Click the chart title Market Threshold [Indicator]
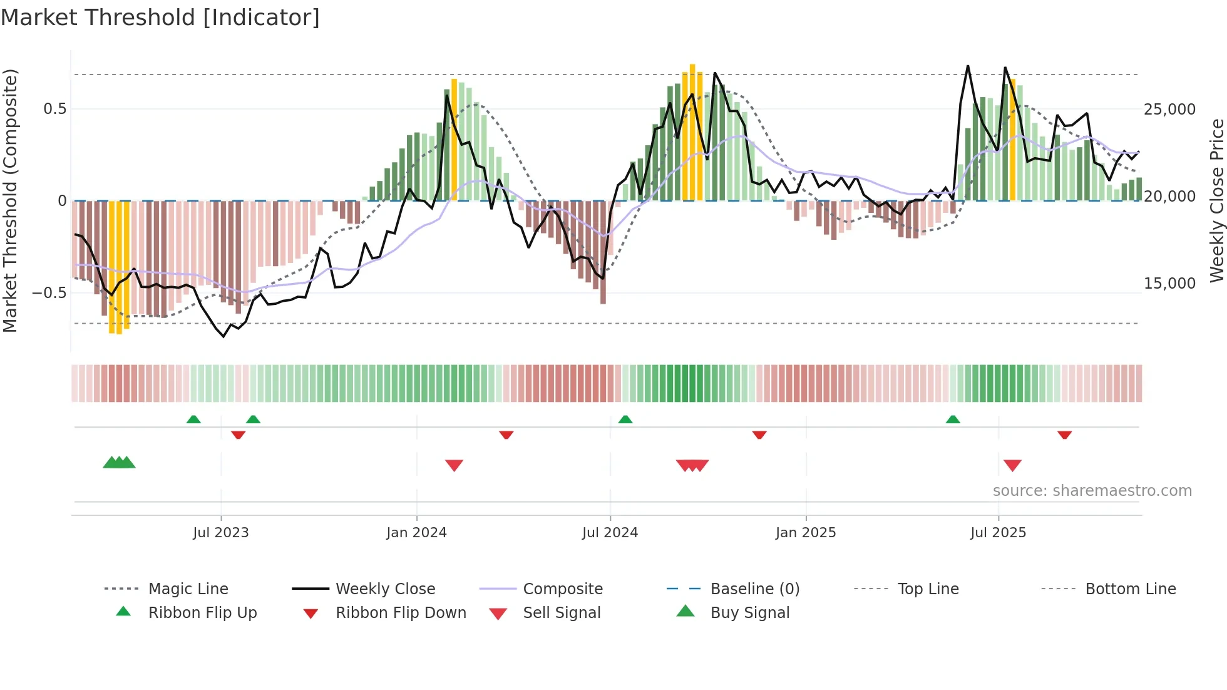pos(160,18)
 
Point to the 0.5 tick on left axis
pos(54,109)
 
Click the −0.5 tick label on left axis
pos(49,292)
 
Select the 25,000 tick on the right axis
pos(1169,110)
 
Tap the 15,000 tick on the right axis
pos(1169,284)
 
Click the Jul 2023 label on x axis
pos(220,533)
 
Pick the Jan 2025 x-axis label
pos(805,533)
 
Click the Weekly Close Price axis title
pos(1216,200)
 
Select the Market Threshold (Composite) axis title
pos(10,200)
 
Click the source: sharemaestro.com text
pos(1092,491)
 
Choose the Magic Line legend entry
pos(188,589)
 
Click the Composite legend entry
pos(562,589)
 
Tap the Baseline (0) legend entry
pos(754,589)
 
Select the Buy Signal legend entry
pos(749,613)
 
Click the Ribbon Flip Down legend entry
pos(401,613)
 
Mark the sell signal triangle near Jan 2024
pos(454,465)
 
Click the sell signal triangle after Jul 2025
pos(1012,465)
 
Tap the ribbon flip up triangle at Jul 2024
pos(625,420)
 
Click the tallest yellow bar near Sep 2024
pos(692,131)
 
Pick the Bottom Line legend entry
pos(1130,589)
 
